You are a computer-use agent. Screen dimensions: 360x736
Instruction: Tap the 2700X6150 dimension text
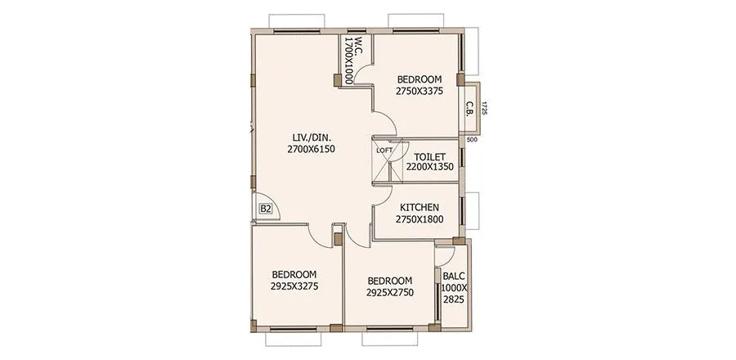click(312, 149)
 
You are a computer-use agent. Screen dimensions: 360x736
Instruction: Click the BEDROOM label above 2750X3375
click(420, 79)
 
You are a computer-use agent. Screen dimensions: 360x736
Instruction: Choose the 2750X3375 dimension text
click(420, 92)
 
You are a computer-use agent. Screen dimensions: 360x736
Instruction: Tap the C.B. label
click(471, 107)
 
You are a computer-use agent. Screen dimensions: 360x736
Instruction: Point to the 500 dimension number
click(471, 139)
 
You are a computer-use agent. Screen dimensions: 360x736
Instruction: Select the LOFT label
click(384, 151)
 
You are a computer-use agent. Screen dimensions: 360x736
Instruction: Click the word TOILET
click(429, 155)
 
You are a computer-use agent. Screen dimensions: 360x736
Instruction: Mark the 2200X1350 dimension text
click(429, 167)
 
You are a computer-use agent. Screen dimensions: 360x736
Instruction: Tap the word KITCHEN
click(420, 208)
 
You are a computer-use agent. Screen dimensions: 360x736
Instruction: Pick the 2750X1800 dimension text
click(420, 220)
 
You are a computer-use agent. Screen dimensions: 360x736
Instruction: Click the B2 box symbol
click(265, 209)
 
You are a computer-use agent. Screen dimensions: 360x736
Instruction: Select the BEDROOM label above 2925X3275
click(294, 274)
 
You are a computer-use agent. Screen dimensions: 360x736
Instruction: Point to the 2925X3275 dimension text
click(294, 286)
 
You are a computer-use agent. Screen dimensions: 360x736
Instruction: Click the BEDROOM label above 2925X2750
click(389, 280)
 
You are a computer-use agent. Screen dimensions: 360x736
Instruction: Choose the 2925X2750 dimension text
click(389, 292)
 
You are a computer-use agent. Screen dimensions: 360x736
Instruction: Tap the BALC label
click(453, 277)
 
